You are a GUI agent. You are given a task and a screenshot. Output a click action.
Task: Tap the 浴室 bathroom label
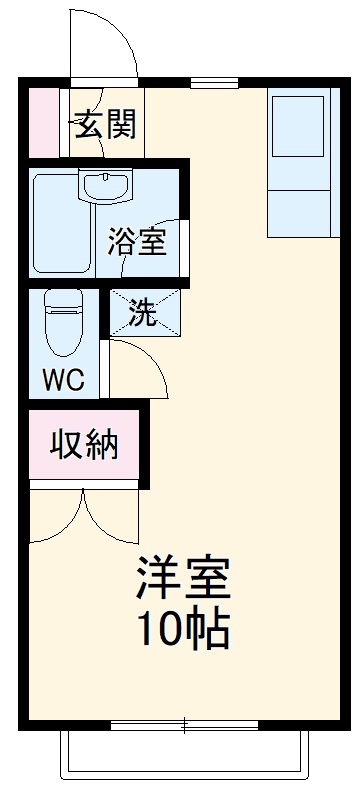coord(137,242)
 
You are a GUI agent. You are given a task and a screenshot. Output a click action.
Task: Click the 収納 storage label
coord(85,443)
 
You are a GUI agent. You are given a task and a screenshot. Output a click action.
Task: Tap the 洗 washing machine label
coord(146,314)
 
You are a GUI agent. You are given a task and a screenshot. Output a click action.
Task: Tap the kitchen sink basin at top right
coord(297,125)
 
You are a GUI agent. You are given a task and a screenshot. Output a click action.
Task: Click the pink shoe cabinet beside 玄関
coord(43,122)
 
